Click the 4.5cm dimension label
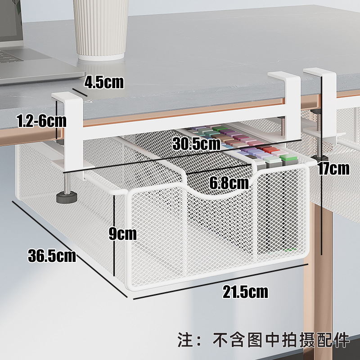point(103,82)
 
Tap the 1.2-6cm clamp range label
point(40,121)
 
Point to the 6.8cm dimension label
point(229,183)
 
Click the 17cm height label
point(333,169)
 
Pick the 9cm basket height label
point(122,234)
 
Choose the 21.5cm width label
point(245,292)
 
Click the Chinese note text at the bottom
point(264,339)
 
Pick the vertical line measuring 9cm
point(115,238)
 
